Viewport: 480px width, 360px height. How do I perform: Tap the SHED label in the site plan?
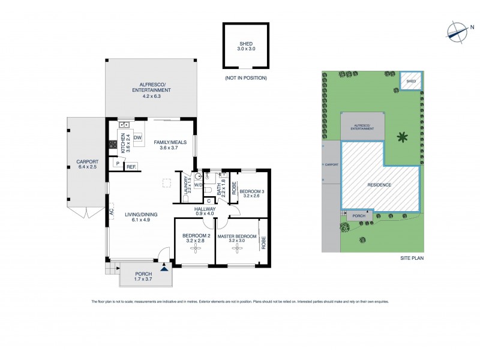pos(412,81)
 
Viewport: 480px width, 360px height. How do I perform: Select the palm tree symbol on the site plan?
pos(403,137)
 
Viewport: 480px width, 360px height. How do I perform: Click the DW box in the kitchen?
pos(137,138)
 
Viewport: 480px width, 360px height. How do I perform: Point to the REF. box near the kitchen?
pos(131,167)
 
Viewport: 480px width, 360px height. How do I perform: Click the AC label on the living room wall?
pos(112,211)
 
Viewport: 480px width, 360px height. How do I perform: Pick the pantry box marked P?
pos(117,163)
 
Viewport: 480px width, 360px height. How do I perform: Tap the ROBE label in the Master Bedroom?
pos(263,242)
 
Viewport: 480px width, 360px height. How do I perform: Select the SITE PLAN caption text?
pos(412,258)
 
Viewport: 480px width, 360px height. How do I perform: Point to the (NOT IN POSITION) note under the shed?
pos(245,79)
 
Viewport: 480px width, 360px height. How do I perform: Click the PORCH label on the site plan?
pos(359,216)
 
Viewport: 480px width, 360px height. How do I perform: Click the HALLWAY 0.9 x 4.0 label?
pos(205,211)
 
